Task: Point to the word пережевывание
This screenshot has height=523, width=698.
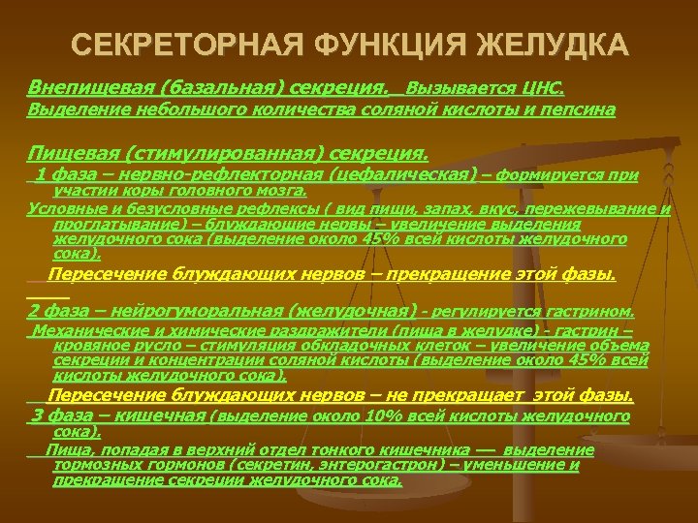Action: [600, 208]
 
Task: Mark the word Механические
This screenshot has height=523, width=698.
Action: [82, 331]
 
